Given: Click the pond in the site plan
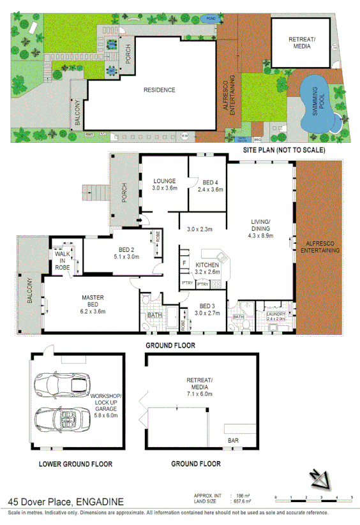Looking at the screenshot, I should pos(209,19).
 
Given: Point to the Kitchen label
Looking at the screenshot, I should pos(206,264).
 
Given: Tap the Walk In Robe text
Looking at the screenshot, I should pos(63,259).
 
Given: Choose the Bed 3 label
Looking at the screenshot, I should pos(206,306).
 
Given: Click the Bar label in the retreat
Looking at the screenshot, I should pos(234,441).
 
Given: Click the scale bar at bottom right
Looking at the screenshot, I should pos(313,497).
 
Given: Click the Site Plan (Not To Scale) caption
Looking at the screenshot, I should pos(284,149).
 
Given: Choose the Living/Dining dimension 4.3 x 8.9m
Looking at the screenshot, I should pos(260,236).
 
